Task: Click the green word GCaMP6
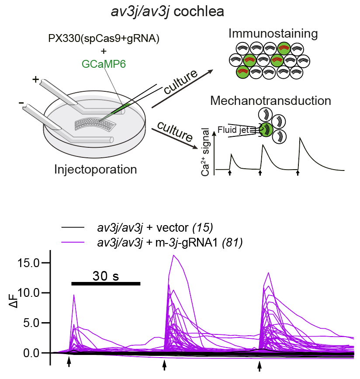pyautogui.click(x=104, y=64)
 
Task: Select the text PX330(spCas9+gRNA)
pyautogui.click(x=104, y=38)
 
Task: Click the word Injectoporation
pyautogui.click(x=96, y=169)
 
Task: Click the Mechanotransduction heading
pyautogui.click(x=270, y=101)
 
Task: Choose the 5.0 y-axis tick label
pyautogui.click(x=35, y=323)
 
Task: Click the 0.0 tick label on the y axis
pyautogui.click(x=35, y=352)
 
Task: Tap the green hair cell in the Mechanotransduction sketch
pyautogui.click(x=266, y=129)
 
